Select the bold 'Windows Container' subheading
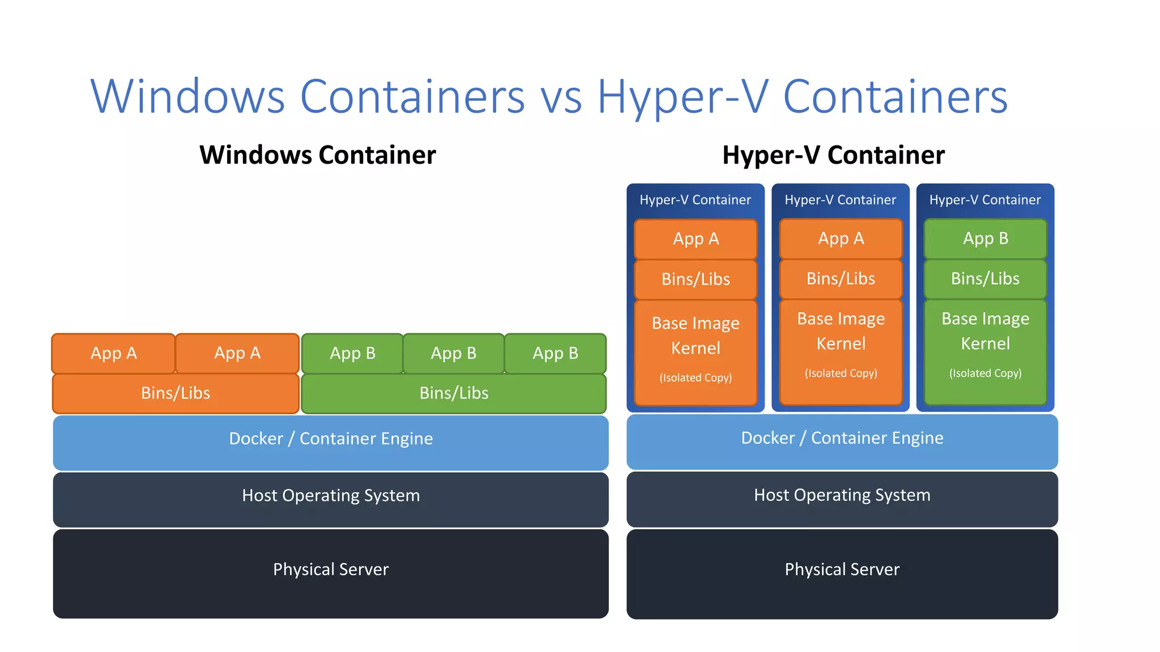pos(318,155)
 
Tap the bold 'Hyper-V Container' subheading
pos(833,155)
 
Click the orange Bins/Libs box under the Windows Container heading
pos(176,393)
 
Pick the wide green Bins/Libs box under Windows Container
pos(454,393)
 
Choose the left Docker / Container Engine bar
pos(331,442)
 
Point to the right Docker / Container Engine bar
pos(842,441)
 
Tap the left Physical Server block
pos(331,573)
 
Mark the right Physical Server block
pos(842,573)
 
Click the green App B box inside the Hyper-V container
pos(986,239)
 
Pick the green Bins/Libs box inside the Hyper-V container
pos(986,279)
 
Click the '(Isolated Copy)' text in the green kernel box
pos(986,374)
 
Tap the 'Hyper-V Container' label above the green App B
pos(985,200)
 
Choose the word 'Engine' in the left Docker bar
pos(407,439)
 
